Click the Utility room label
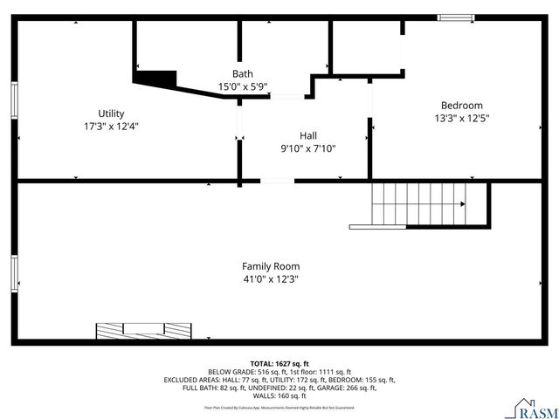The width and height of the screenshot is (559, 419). click(x=111, y=113)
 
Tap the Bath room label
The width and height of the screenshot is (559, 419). click(x=242, y=73)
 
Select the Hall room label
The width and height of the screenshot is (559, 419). click(x=308, y=135)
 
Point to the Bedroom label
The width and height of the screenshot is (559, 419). click(x=461, y=105)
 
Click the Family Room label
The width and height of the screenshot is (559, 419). click(x=271, y=266)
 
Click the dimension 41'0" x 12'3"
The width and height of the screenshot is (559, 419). click(x=271, y=279)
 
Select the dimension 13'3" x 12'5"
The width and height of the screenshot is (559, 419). click(x=462, y=118)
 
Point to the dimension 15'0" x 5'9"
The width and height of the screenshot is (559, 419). click(x=242, y=86)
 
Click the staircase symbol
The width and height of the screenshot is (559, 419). click(x=418, y=203)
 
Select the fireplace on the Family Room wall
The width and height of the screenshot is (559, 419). click(x=143, y=330)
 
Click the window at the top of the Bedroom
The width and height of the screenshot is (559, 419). click(x=455, y=17)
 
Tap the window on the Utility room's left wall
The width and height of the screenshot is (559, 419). click(x=14, y=99)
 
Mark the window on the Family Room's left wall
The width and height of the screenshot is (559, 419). click(x=14, y=273)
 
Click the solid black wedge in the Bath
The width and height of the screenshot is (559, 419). click(x=156, y=79)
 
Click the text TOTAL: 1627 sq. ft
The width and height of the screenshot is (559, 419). click(x=279, y=363)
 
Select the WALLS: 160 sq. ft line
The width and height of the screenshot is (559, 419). click(x=279, y=396)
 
